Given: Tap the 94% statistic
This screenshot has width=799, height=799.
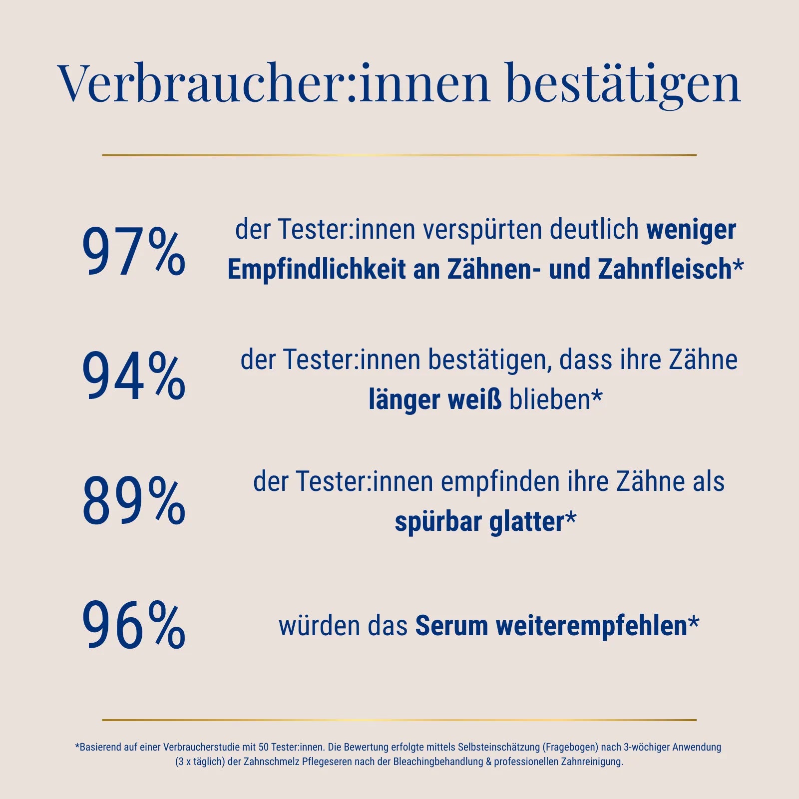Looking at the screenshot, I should click(x=133, y=376).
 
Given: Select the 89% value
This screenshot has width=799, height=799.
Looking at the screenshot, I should click(x=133, y=500).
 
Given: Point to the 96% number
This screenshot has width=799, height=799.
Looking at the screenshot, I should click(x=133, y=625).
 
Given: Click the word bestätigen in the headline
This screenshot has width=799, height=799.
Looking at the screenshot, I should click(x=623, y=84).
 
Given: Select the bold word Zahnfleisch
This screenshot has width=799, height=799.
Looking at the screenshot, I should click(x=665, y=270).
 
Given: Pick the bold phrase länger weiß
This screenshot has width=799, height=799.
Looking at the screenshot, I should click(x=435, y=400).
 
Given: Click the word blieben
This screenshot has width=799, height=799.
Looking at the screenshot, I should click(x=550, y=400).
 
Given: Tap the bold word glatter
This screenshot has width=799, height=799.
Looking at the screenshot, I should click(x=527, y=522).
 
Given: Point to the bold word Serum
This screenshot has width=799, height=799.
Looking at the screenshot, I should click(x=451, y=626).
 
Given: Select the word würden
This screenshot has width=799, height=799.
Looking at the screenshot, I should click(x=319, y=626).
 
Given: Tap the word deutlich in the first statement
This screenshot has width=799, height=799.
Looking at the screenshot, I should click(x=594, y=229).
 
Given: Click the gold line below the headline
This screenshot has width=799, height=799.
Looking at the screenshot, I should click(x=399, y=155).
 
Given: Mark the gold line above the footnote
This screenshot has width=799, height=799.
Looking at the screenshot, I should click(x=399, y=720).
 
